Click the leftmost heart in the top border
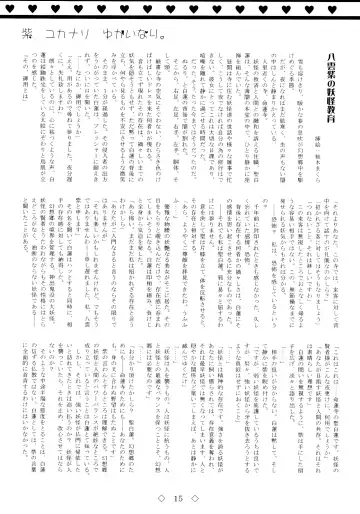[8, 6]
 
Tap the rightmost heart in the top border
[351, 6]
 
